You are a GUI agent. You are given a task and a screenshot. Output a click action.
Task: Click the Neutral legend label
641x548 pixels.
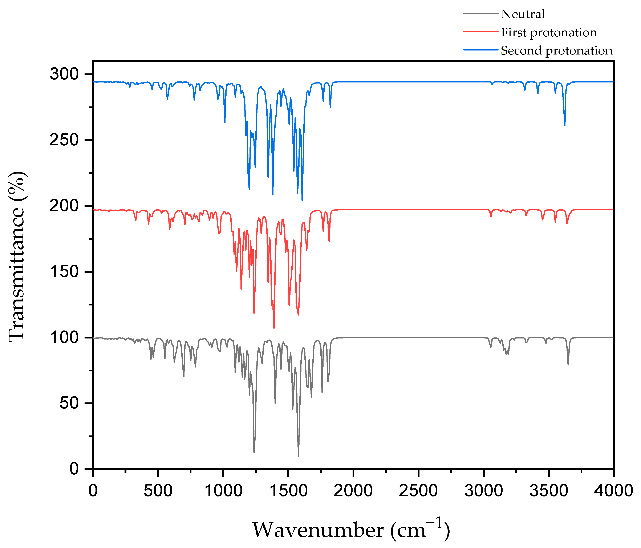tap(523, 14)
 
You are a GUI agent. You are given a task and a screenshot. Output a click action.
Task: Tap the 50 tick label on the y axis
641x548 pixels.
tap(69, 403)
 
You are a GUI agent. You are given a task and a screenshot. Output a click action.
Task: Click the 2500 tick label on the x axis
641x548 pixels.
tap(418, 491)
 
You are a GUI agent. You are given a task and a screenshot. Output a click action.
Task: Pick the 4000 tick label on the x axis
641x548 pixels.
tap(613, 491)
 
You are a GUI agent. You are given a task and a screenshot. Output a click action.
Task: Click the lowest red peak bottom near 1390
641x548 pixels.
tap(274, 328)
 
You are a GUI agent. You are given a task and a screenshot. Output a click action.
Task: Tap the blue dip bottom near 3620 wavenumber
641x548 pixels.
tap(565, 125)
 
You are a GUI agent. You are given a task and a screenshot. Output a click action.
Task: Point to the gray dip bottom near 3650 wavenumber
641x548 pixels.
tap(568, 365)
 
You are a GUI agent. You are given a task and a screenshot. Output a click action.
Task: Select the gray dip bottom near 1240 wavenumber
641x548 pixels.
tap(254, 452)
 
